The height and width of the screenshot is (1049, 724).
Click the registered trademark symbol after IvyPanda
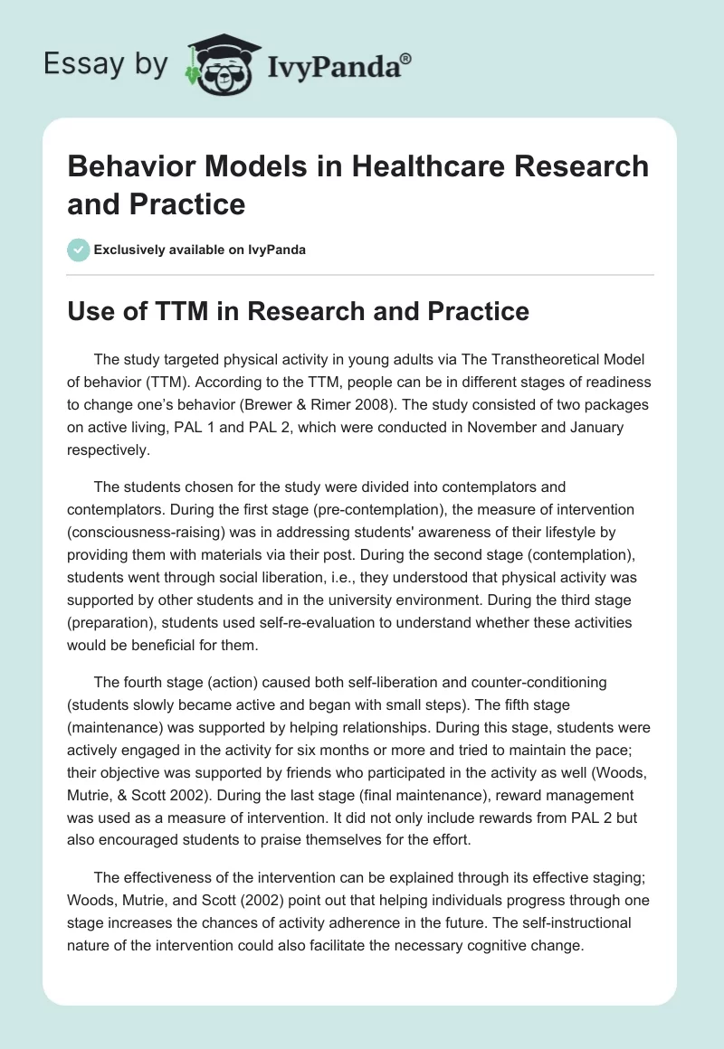point(407,59)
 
